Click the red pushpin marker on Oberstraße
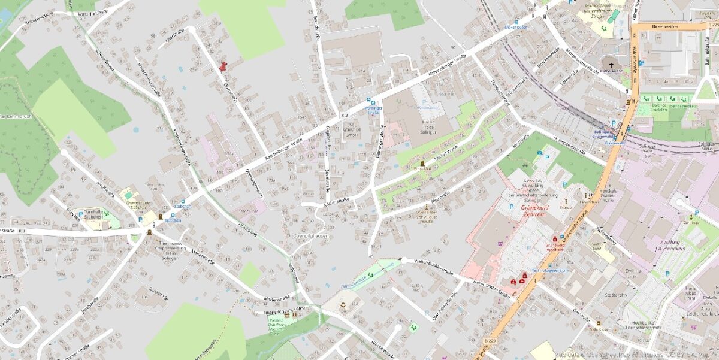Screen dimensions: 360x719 coord(223,66)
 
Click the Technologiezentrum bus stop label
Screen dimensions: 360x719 coord(552,270)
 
